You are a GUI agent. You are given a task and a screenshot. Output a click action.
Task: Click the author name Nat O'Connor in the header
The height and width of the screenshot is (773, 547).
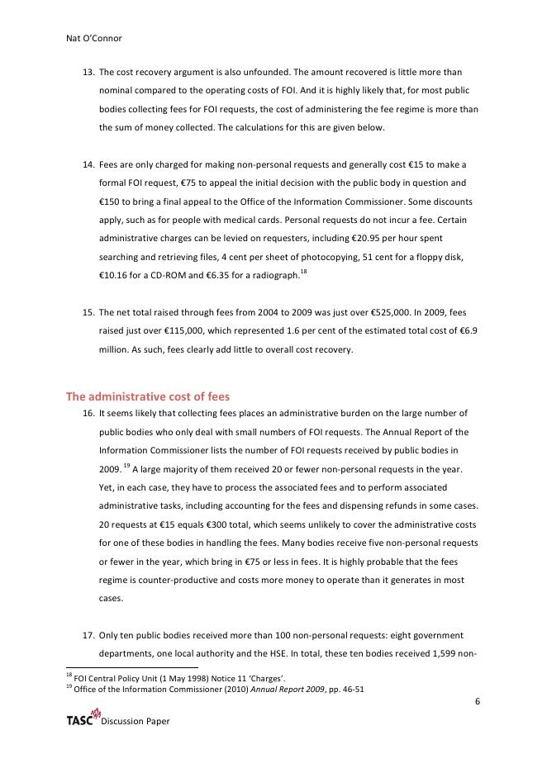point(94,37)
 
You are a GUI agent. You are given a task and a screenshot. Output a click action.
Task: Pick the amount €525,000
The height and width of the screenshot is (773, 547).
point(339,313)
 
